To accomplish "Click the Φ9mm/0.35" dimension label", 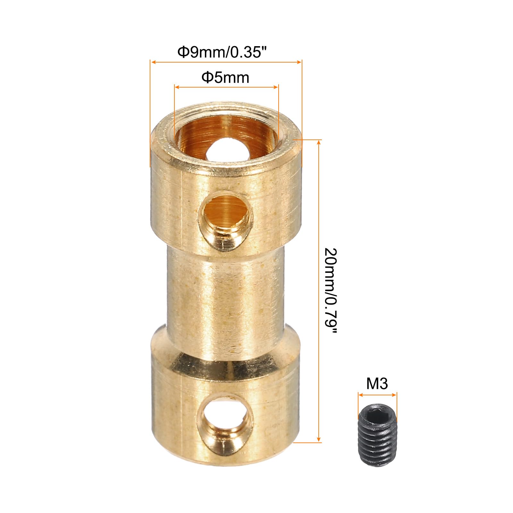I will (x=226, y=52).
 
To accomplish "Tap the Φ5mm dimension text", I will (x=225, y=78).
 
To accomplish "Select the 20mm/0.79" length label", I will (x=330, y=291).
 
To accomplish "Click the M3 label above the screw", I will (x=377, y=383).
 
